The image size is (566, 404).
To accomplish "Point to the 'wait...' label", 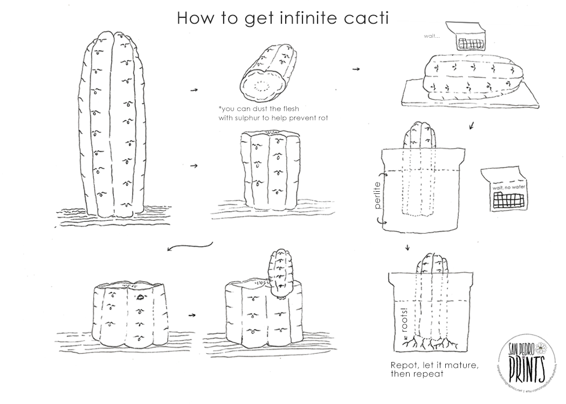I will pyautogui.click(x=432, y=37).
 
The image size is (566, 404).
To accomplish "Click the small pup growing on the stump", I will pyautogui.click(x=280, y=272).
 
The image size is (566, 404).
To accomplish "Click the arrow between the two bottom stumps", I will pyautogui.click(x=192, y=313).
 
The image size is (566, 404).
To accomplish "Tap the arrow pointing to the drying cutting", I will pyautogui.click(x=356, y=69).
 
